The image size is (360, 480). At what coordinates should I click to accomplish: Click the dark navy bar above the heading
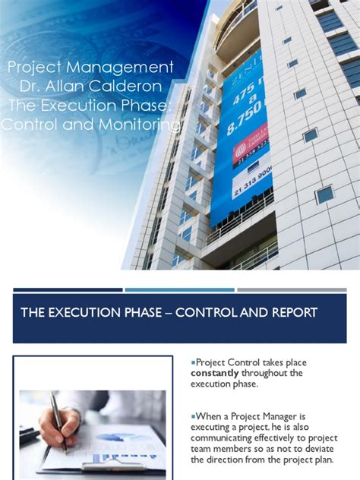pyautogui.click(x=68, y=289)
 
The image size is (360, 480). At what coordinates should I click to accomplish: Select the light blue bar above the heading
pyautogui.click(x=179, y=289)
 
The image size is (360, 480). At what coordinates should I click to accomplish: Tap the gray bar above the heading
pyautogui.click(x=292, y=289)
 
